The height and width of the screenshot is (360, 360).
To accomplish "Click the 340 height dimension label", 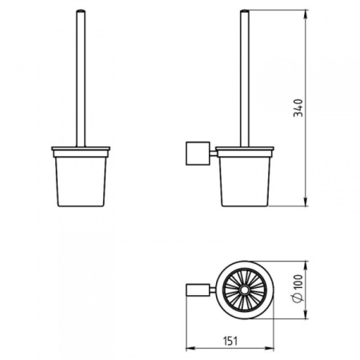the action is point(298,108).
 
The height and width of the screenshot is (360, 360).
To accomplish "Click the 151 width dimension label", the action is point(230,341).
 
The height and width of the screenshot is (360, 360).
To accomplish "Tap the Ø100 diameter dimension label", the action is point(298,289).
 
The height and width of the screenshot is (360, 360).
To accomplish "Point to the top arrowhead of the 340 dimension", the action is point(306,14).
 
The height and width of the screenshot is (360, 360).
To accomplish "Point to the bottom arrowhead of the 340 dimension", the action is point(306,202).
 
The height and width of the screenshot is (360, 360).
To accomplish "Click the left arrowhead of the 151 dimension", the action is point(190,348).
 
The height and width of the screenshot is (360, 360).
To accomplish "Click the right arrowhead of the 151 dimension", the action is point(270,348).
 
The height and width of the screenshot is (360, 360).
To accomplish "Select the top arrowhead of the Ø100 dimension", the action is point(306,266).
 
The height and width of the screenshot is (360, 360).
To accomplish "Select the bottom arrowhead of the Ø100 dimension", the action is point(306,314).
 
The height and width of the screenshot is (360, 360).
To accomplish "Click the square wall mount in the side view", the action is point(198,154).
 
